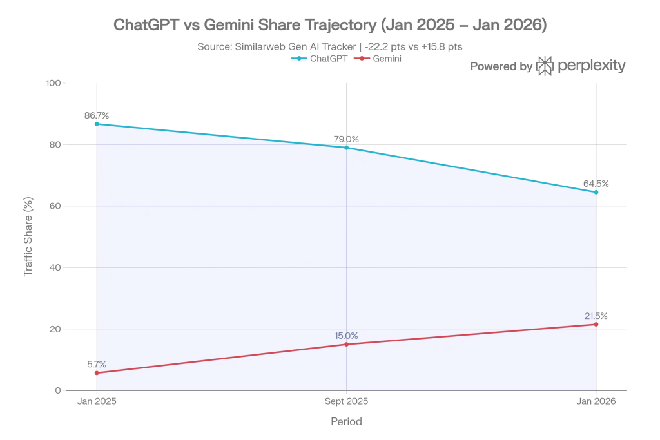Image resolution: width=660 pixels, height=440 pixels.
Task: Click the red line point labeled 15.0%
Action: click(347, 344)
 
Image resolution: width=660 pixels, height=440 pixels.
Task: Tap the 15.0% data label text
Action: click(347, 335)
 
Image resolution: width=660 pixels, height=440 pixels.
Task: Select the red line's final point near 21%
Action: click(596, 324)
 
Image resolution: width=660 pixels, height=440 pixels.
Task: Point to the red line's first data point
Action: click(96, 373)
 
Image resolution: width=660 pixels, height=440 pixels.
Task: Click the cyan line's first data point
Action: click(96, 123)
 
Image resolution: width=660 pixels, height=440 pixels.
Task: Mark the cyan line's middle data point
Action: click(347, 148)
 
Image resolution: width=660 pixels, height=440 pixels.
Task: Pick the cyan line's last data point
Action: click(596, 192)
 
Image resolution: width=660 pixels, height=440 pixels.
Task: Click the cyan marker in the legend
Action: click(299, 58)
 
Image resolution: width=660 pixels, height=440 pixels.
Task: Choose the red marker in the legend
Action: click(365, 58)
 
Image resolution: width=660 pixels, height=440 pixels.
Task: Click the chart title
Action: click(330, 24)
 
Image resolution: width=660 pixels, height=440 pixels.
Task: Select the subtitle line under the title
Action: click(330, 46)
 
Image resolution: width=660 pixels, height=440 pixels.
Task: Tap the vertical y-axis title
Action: click(28, 236)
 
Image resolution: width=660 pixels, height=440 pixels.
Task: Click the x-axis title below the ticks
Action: click(347, 423)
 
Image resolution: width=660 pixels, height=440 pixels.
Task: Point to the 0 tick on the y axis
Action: click(55, 391)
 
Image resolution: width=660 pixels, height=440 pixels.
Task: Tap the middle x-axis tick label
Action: click(347, 403)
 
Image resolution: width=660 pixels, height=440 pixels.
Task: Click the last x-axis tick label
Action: click(596, 403)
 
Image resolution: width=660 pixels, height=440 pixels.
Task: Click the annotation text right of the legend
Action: click(548, 66)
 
